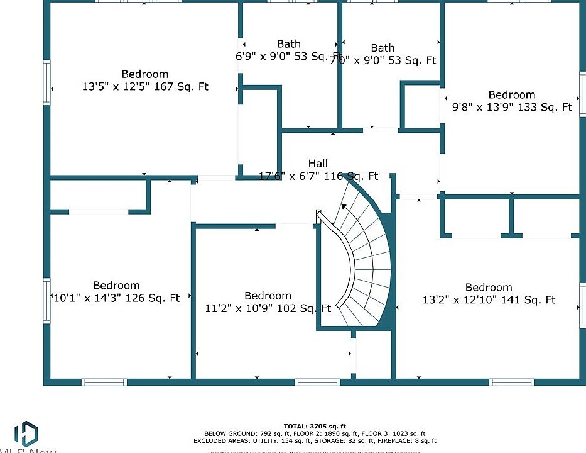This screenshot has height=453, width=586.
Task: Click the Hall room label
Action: click(x=318, y=164)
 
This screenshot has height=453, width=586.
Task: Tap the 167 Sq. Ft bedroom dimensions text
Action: click(x=145, y=87)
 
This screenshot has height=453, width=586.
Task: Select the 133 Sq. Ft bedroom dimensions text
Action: click(x=512, y=107)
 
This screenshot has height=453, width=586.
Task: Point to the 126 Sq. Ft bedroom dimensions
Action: click(x=116, y=298)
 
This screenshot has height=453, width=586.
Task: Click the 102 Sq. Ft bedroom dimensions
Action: click(x=268, y=308)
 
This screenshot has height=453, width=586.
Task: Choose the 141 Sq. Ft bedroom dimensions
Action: click(x=489, y=300)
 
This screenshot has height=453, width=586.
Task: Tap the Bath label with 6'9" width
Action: click(x=289, y=43)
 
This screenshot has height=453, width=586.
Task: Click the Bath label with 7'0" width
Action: click(x=383, y=48)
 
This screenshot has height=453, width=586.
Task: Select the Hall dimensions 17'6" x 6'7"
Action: click(x=318, y=176)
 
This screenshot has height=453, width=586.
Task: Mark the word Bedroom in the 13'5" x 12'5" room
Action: click(x=145, y=74)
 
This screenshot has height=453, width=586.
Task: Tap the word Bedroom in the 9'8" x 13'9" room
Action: click(x=512, y=95)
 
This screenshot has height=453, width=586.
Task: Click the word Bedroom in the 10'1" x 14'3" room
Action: click(x=116, y=286)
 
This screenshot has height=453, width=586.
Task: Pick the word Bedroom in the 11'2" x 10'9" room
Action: click(x=268, y=296)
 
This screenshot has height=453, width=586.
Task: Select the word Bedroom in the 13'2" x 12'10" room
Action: click(x=489, y=288)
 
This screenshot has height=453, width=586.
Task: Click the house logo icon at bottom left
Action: click(x=26, y=434)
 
